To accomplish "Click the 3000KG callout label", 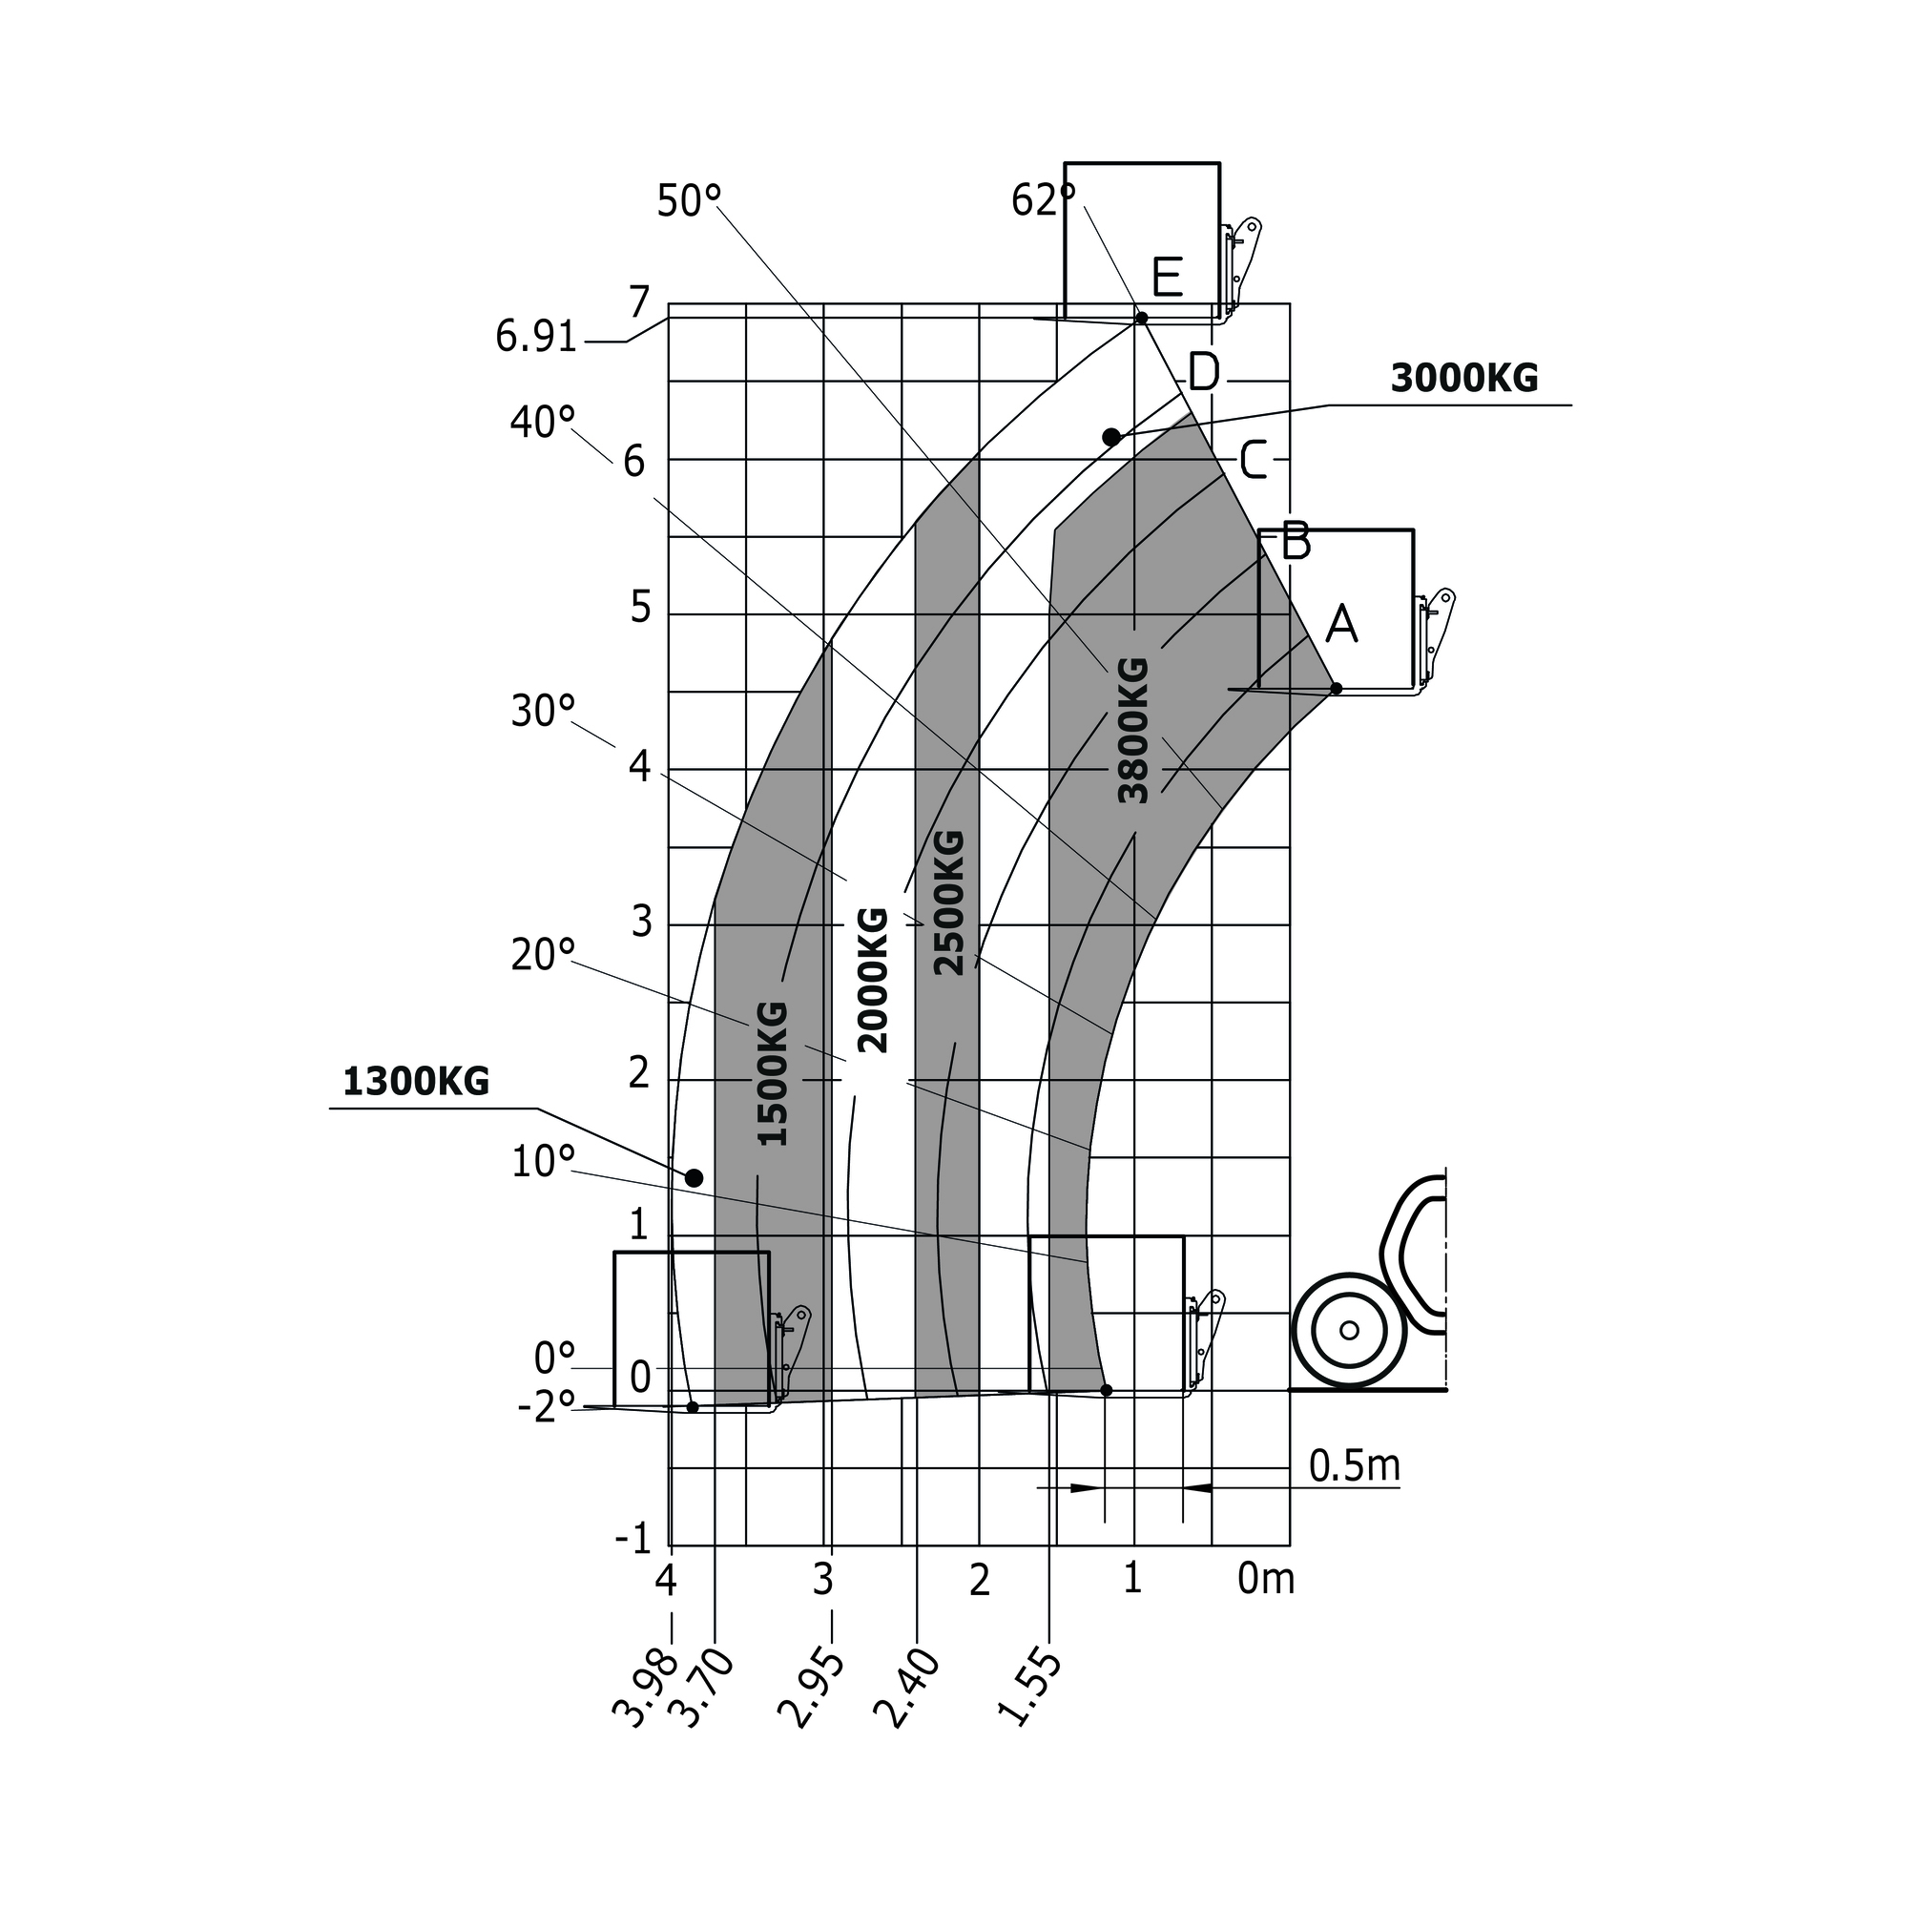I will (1463, 378).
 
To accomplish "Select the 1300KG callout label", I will (416, 1083).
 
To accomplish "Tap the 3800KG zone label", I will (1132, 730).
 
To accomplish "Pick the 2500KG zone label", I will (948, 902).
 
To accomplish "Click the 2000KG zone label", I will (873, 980).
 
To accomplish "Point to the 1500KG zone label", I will (773, 1073).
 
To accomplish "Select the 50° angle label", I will (689, 201).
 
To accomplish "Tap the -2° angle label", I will (546, 1407).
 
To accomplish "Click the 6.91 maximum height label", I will (535, 338).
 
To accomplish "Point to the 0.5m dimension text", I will (1354, 1466).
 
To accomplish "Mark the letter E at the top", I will (1168, 278).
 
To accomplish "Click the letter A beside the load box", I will (1341, 624).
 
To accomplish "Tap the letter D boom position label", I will (1204, 372).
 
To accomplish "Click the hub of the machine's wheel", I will (1349, 1330).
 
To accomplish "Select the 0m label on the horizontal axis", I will (1265, 1579).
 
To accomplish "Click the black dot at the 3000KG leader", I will (1111, 437).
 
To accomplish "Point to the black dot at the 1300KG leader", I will (695, 1178).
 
